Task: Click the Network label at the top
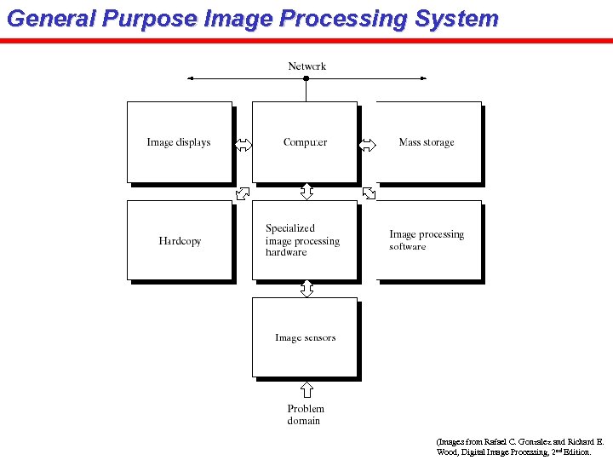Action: point(306,66)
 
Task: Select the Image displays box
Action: point(179,142)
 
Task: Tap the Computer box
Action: point(305,142)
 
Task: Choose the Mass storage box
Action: point(427,142)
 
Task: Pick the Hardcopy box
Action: point(180,241)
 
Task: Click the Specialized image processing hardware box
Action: point(304,240)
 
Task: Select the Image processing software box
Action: point(427,240)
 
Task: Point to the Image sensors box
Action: point(305,337)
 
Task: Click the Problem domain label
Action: point(306,415)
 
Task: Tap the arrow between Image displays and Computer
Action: point(243,145)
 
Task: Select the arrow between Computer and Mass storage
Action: point(367,145)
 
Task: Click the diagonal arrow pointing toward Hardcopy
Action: point(243,193)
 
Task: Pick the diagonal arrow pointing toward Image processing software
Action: point(369,193)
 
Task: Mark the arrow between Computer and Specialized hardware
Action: point(306,192)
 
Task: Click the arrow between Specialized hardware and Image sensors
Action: point(306,289)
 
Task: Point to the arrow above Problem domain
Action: point(306,390)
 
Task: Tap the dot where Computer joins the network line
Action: point(306,78)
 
